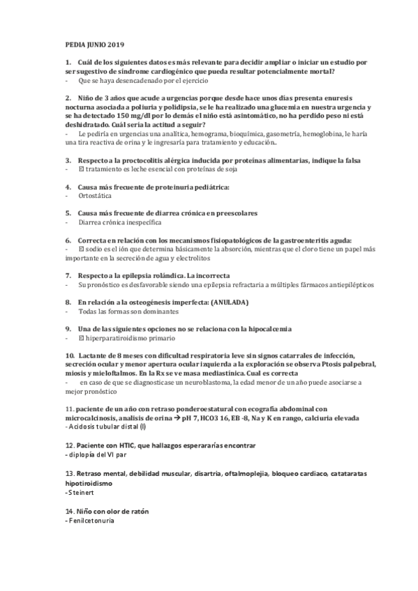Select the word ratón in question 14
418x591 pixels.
(x=136, y=512)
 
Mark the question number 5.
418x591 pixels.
(x=68, y=213)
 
